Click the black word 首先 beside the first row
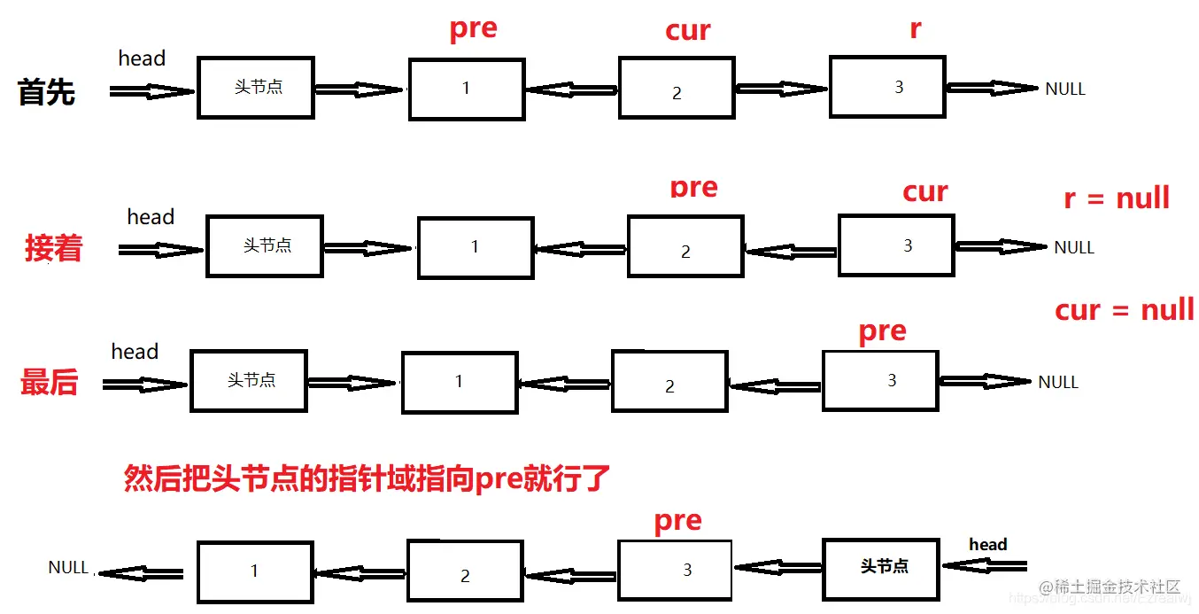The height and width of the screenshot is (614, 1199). click(x=46, y=91)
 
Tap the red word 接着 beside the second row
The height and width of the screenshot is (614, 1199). click(x=53, y=248)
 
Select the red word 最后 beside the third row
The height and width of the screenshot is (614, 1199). click(x=50, y=383)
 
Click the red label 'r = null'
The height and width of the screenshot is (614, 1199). click(x=1117, y=198)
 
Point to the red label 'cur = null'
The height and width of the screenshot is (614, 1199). click(x=1125, y=310)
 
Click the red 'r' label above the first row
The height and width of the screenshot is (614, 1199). click(x=915, y=29)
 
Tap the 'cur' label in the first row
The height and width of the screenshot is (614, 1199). click(x=687, y=31)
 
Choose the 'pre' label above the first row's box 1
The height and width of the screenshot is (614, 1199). click(x=473, y=28)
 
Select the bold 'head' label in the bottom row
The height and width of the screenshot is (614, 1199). click(x=988, y=544)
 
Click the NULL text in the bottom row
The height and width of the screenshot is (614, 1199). click(x=68, y=567)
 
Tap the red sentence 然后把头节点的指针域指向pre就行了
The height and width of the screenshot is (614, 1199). click(x=367, y=479)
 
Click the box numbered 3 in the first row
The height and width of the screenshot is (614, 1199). click(x=886, y=87)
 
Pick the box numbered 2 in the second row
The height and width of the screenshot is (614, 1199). click(x=685, y=246)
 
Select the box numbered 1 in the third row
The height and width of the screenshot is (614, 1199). click(x=459, y=382)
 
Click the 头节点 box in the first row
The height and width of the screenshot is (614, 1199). click(x=255, y=88)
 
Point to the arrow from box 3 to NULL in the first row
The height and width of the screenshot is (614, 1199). click(x=992, y=88)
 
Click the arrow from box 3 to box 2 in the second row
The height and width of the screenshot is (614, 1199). click(x=790, y=252)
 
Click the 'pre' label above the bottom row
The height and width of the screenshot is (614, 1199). click(x=677, y=521)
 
